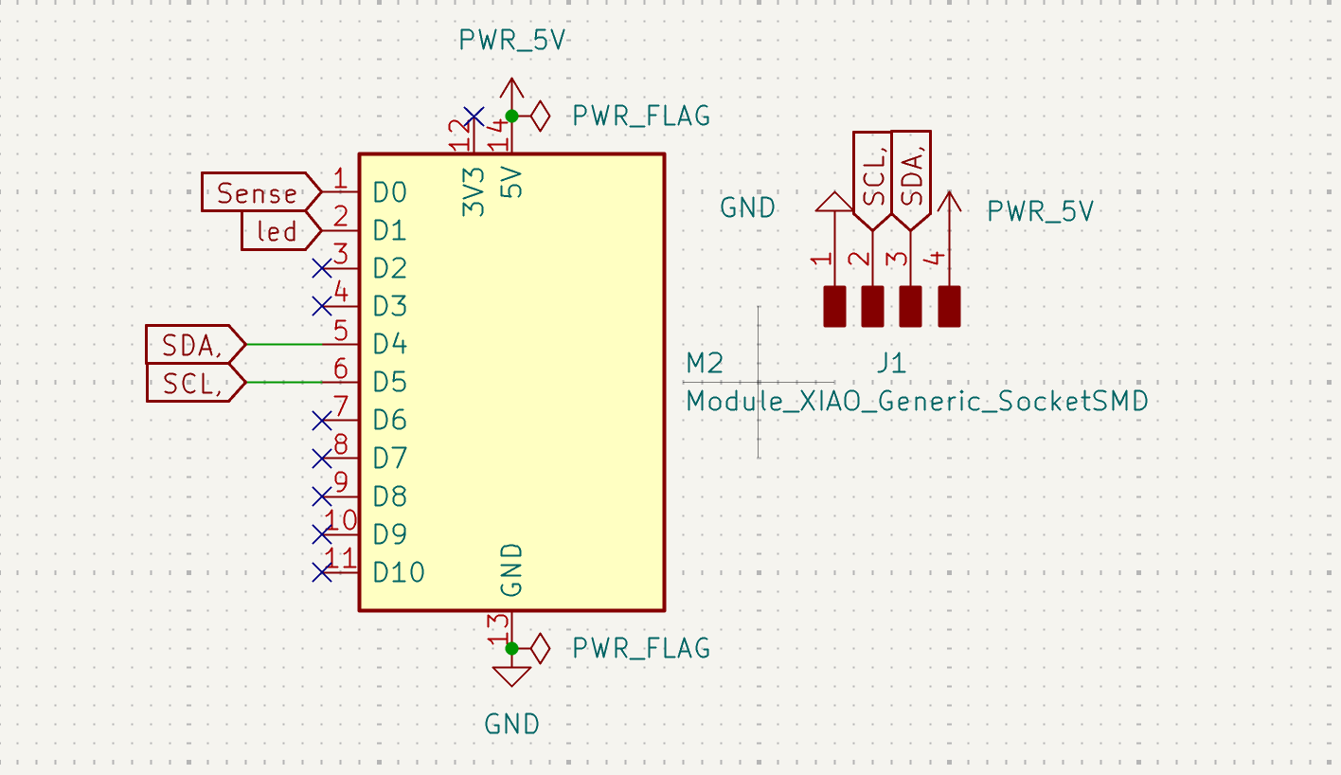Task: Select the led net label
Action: [x=277, y=230]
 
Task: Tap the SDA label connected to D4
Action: [x=193, y=344]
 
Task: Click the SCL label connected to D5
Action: [x=193, y=383]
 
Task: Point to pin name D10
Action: [x=398, y=572]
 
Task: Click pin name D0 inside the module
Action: [x=389, y=192]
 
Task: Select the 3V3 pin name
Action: [x=474, y=191]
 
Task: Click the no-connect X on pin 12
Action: [x=474, y=116]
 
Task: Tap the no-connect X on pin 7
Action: [x=321, y=420]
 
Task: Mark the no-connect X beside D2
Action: [x=321, y=268]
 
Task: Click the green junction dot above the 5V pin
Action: [x=511, y=116]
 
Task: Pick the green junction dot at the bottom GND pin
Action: [x=511, y=648]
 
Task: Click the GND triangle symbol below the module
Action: [x=511, y=676]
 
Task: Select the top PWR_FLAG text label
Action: [x=640, y=116]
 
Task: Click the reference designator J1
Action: [x=890, y=363]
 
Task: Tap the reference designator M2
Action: [x=706, y=363]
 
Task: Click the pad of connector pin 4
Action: [x=949, y=306]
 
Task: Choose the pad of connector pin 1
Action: [x=834, y=306]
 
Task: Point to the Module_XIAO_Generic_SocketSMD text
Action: [x=917, y=401]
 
